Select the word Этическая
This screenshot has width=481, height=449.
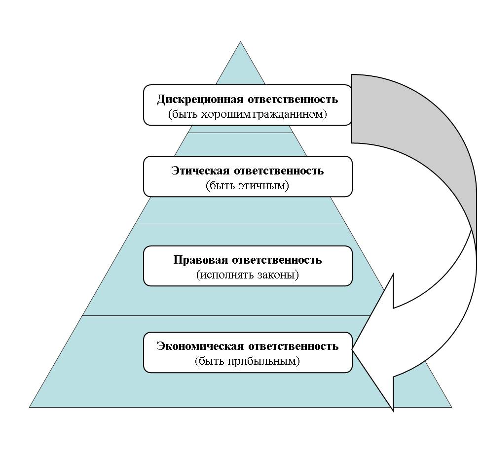point(200,171)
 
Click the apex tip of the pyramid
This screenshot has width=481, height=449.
point(241,43)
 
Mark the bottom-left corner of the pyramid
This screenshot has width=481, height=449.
point(31,406)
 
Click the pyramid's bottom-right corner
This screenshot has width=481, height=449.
point(450,406)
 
